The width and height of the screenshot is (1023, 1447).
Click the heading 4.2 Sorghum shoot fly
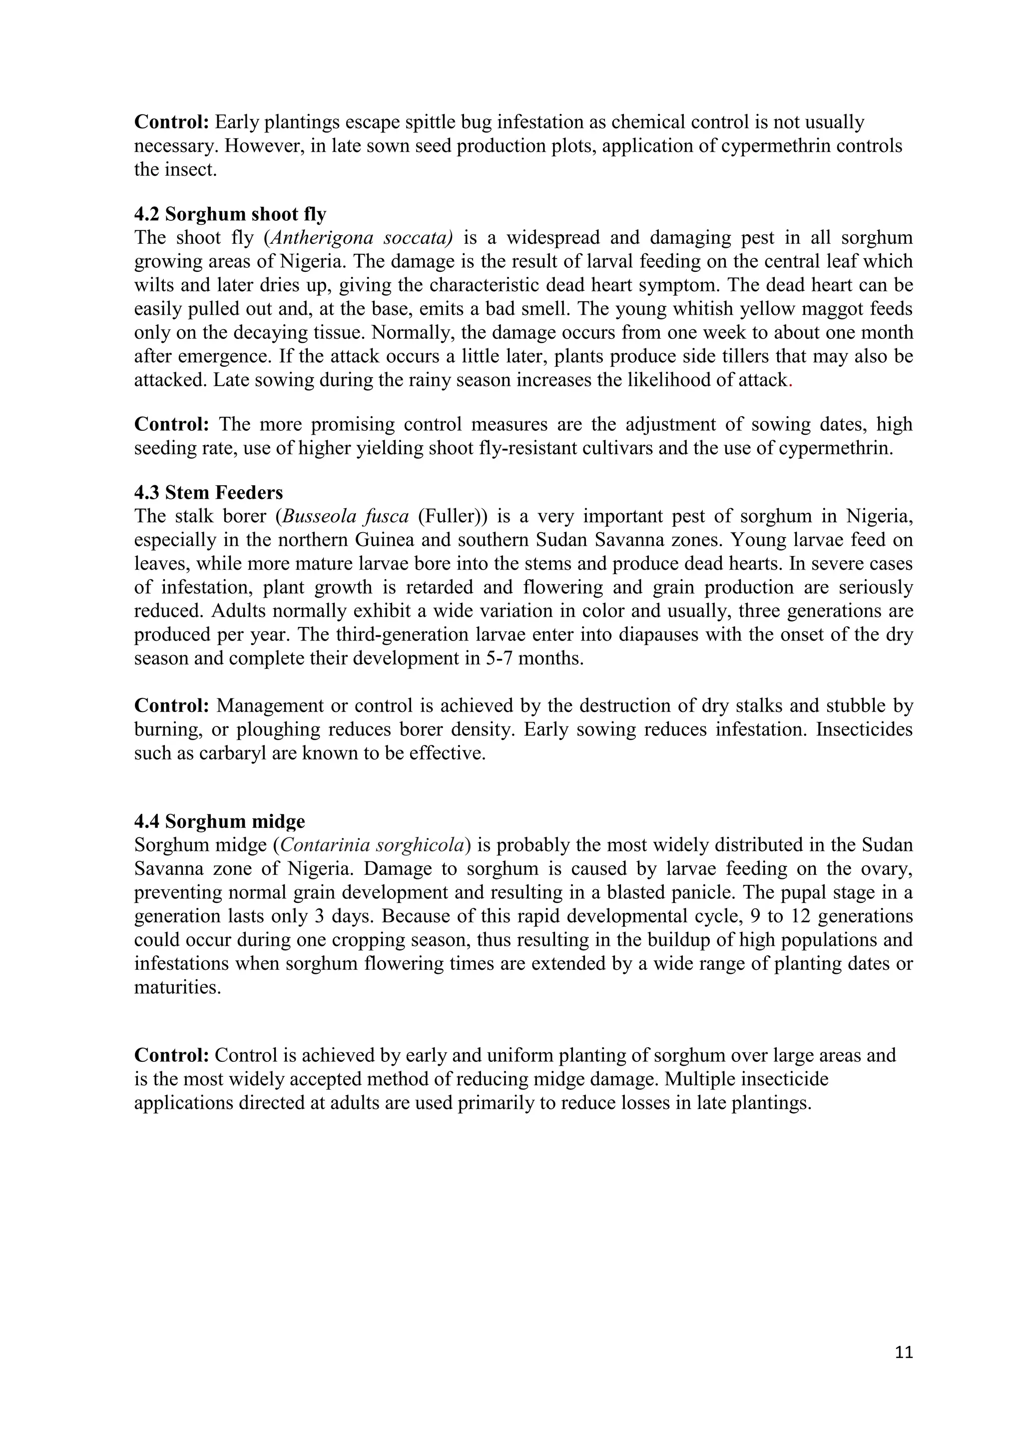(230, 215)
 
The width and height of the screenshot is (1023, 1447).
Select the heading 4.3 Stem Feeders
(208, 492)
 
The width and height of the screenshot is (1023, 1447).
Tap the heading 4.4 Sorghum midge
(219, 821)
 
